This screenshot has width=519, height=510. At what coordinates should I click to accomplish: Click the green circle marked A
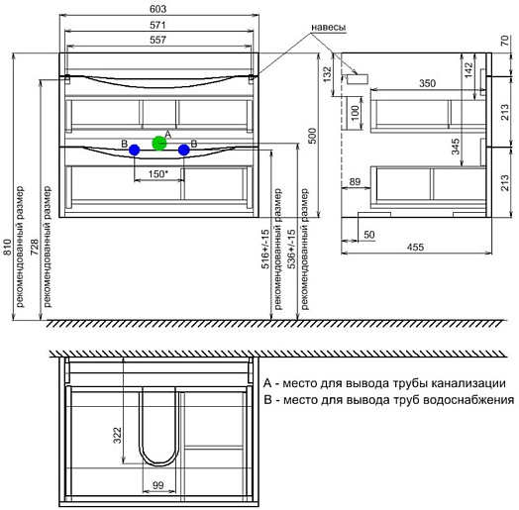158,143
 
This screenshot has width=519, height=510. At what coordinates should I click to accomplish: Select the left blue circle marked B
134,150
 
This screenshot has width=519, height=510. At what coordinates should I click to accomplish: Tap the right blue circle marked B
183,150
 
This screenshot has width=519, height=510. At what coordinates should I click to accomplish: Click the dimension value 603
157,9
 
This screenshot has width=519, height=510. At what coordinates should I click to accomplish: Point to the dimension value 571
157,25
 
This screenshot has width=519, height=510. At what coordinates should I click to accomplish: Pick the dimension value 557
157,40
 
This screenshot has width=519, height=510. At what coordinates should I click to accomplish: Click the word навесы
329,27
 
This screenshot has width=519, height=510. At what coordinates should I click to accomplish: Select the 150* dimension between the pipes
158,173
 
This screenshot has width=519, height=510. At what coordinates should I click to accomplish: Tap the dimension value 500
312,136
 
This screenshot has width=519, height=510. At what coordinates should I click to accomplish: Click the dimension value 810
8,248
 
